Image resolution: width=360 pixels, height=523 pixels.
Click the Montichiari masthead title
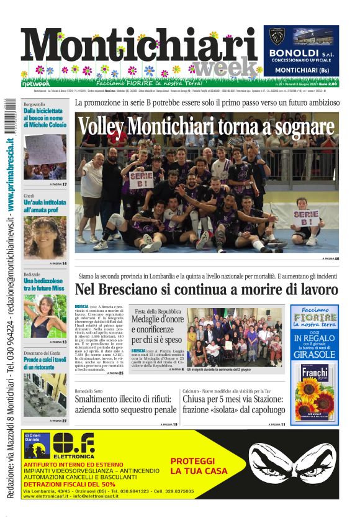(140, 48)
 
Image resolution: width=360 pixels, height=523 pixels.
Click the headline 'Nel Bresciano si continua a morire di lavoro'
(207, 289)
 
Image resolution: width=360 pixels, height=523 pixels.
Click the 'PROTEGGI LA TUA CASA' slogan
(192, 466)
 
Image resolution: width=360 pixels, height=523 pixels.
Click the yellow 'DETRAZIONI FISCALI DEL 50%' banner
(70, 484)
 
